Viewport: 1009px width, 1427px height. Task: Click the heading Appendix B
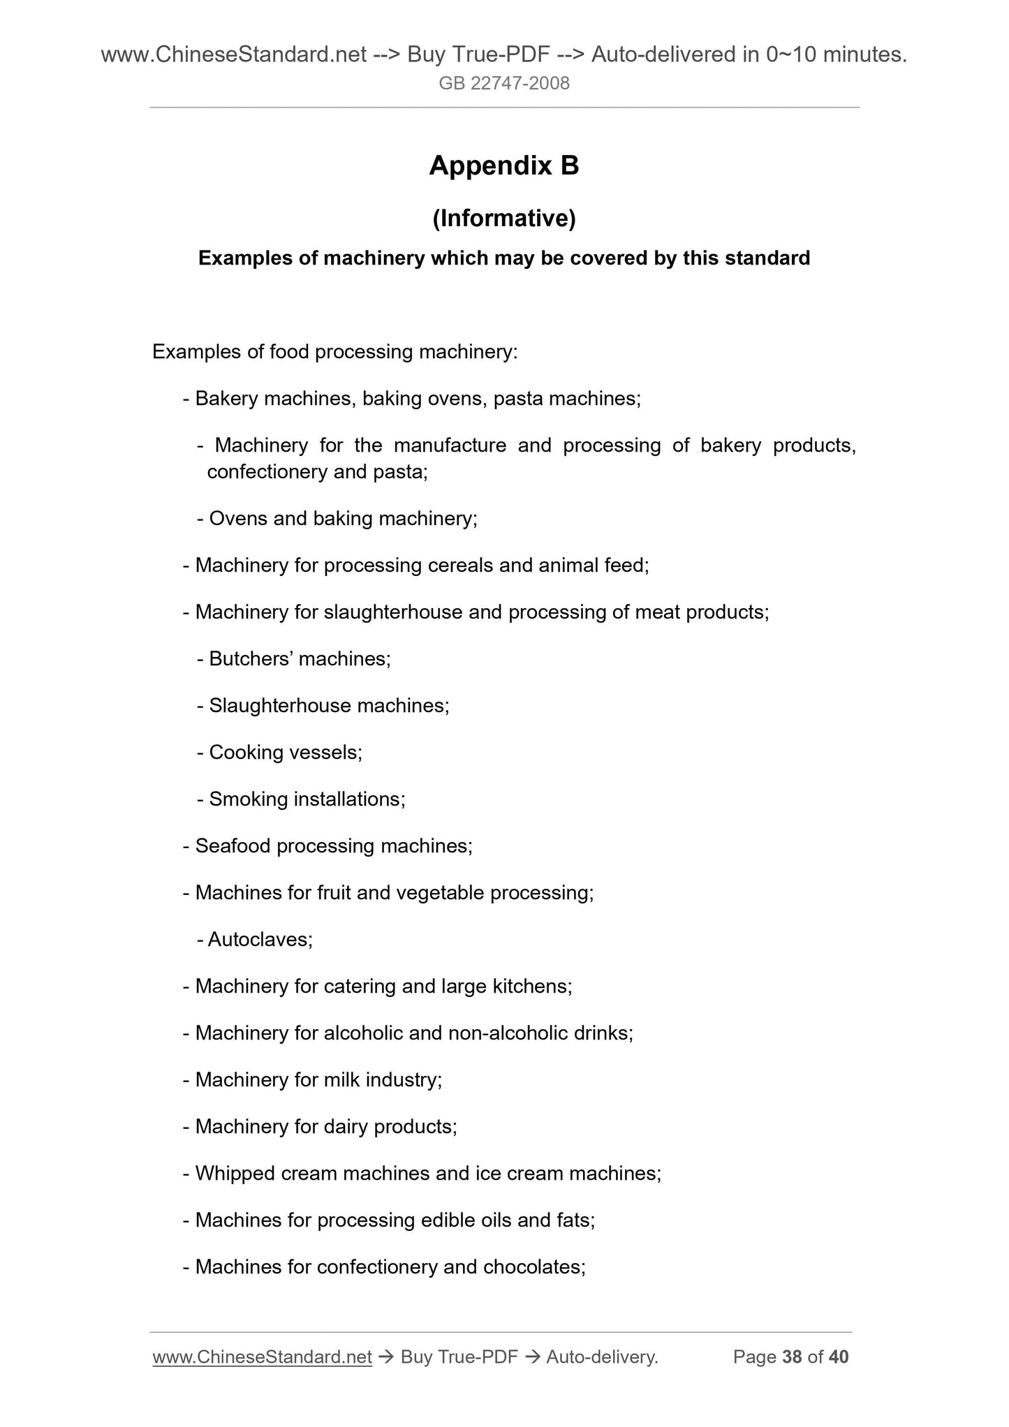point(504,166)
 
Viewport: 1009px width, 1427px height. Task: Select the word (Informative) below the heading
point(504,219)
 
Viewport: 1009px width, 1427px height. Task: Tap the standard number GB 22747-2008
point(504,84)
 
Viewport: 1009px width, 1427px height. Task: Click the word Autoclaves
point(259,939)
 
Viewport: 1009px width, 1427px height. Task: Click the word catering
point(360,986)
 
